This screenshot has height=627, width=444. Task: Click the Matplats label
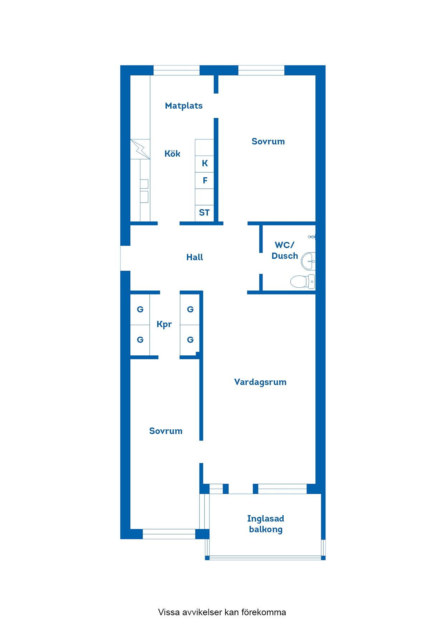[184, 106]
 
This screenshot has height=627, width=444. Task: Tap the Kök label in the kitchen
[172, 153]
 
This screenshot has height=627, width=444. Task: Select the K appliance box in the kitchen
[204, 164]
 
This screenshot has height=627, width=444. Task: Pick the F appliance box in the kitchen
[204, 181]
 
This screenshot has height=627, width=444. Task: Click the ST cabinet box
[204, 213]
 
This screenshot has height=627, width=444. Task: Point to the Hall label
[195, 257]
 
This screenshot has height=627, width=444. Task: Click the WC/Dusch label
[285, 251]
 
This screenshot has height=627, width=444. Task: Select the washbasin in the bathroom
[308, 261]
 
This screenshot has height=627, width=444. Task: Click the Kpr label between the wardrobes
[164, 325]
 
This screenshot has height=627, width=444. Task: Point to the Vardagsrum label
[260, 382]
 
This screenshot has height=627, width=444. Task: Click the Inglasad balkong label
[266, 524]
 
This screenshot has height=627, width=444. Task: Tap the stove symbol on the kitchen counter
[140, 149]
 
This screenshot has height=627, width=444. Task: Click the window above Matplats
[177, 70]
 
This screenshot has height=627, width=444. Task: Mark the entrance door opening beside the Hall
[125, 258]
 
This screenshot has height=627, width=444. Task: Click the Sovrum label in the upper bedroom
[268, 142]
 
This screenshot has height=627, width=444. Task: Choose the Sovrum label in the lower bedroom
[166, 431]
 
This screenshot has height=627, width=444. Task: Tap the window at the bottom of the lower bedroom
[169, 534]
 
